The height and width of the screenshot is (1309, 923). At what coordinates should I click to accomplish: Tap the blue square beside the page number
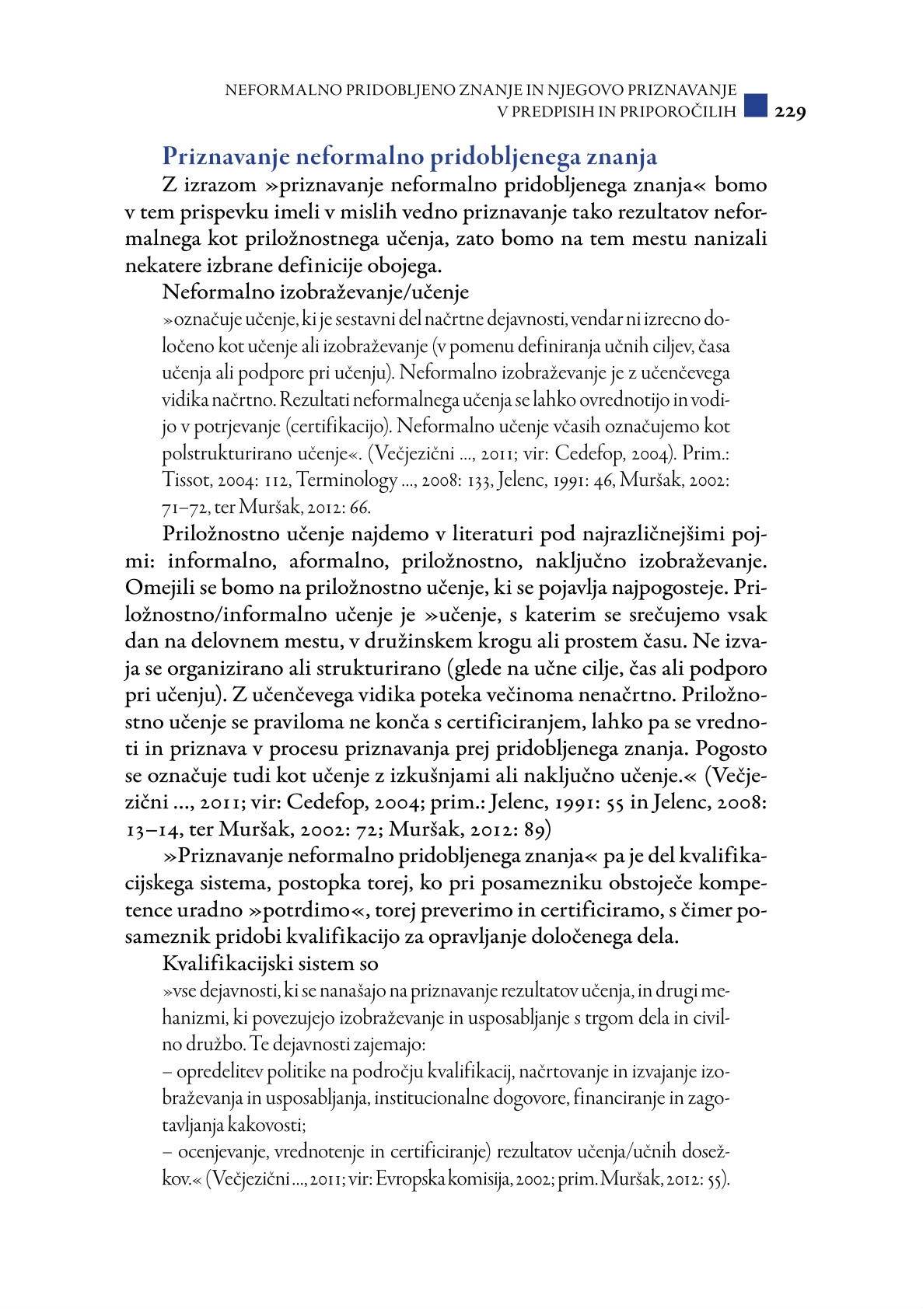click(755, 106)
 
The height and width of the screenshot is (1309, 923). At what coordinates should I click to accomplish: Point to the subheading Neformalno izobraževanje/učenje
click(316, 292)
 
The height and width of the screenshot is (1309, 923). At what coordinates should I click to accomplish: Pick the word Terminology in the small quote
click(347, 480)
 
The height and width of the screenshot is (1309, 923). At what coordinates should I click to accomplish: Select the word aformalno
click(338, 561)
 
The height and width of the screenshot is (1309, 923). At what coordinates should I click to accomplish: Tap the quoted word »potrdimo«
click(307, 910)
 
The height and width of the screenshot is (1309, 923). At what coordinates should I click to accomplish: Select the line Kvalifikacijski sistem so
click(271, 964)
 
